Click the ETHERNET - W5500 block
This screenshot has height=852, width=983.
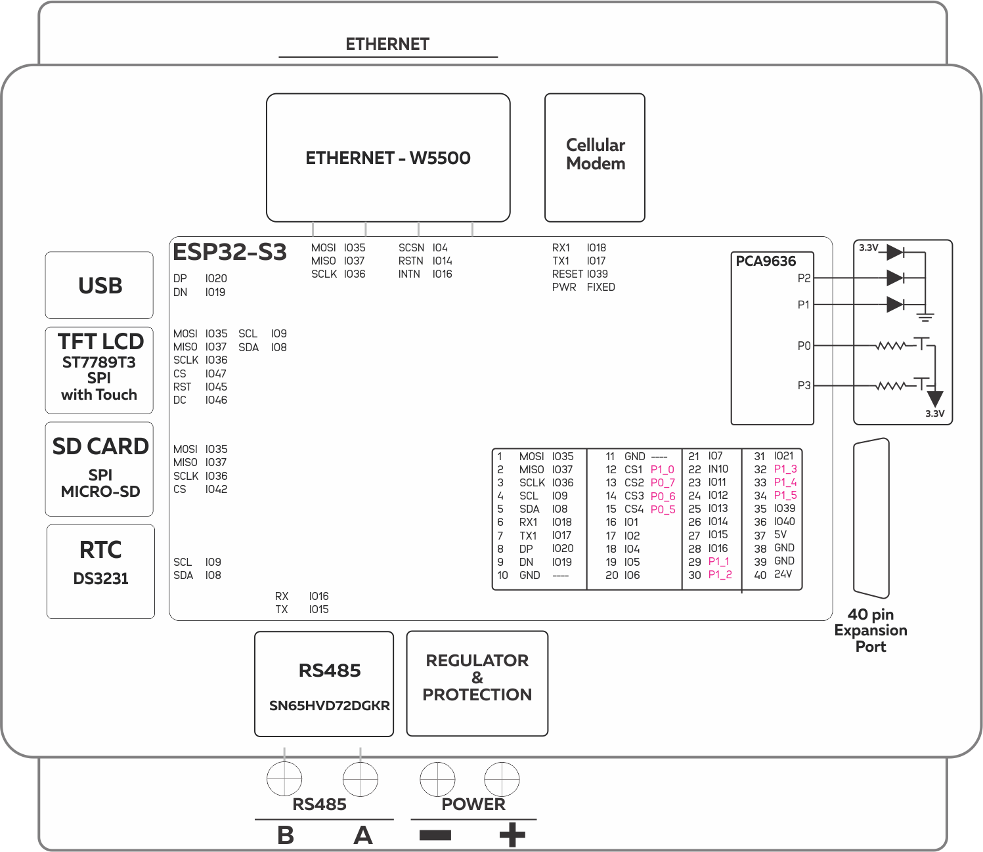click(388, 158)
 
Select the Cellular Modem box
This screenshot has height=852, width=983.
click(595, 158)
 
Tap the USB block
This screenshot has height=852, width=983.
click(99, 286)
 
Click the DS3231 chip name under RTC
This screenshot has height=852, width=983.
click(100, 579)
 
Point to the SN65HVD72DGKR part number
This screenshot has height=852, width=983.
click(329, 706)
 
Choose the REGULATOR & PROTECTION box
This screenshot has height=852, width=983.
click(477, 683)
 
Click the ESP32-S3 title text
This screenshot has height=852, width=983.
click(229, 252)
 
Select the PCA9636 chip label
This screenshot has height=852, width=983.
click(765, 261)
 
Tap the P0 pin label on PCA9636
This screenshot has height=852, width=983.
click(804, 346)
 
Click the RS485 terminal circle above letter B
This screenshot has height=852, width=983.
click(284, 779)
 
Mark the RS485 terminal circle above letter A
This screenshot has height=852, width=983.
click(360, 779)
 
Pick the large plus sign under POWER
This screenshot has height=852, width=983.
click(512, 835)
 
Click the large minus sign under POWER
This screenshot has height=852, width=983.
click(435, 835)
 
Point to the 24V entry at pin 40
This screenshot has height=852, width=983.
click(783, 574)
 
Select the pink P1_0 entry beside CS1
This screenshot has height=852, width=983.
click(662, 470)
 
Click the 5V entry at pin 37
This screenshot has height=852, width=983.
click(780, 535)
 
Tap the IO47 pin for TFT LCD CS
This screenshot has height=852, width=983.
click(216, 373)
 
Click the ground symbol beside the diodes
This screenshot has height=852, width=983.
click(925, 318)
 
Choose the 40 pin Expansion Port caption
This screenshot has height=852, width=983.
click(871, 630)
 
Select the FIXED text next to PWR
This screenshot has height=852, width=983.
click(601, 288)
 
